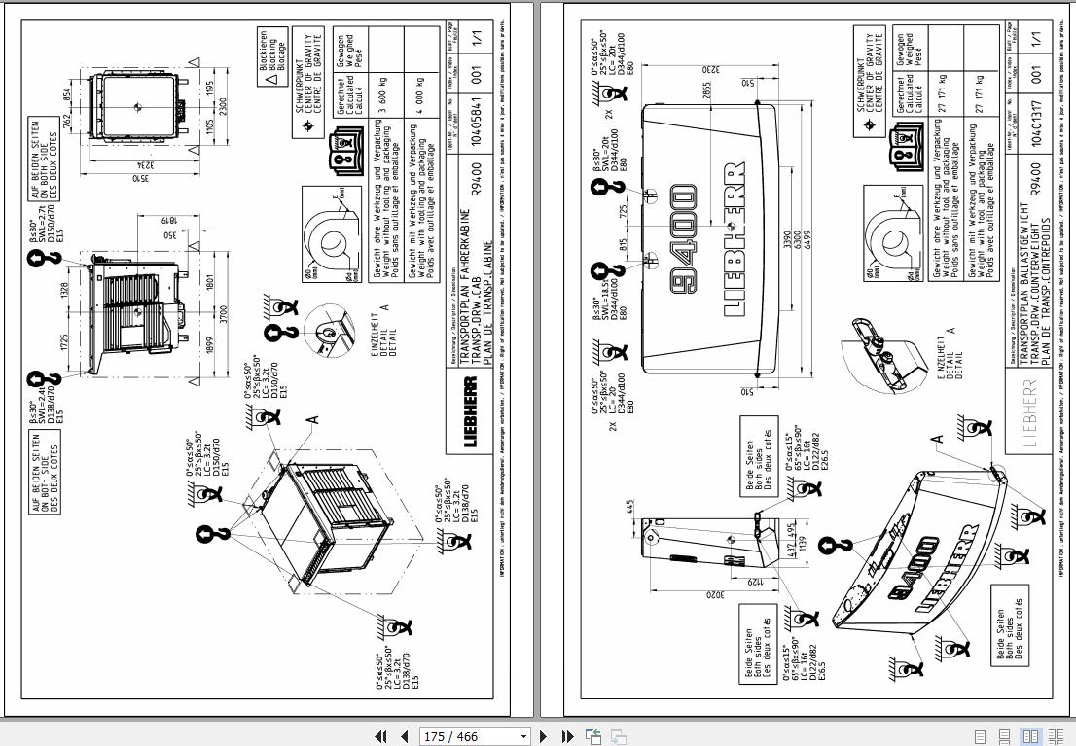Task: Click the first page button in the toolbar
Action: [x=381, y=736]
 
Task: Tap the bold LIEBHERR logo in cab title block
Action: [x=471, y=412]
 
